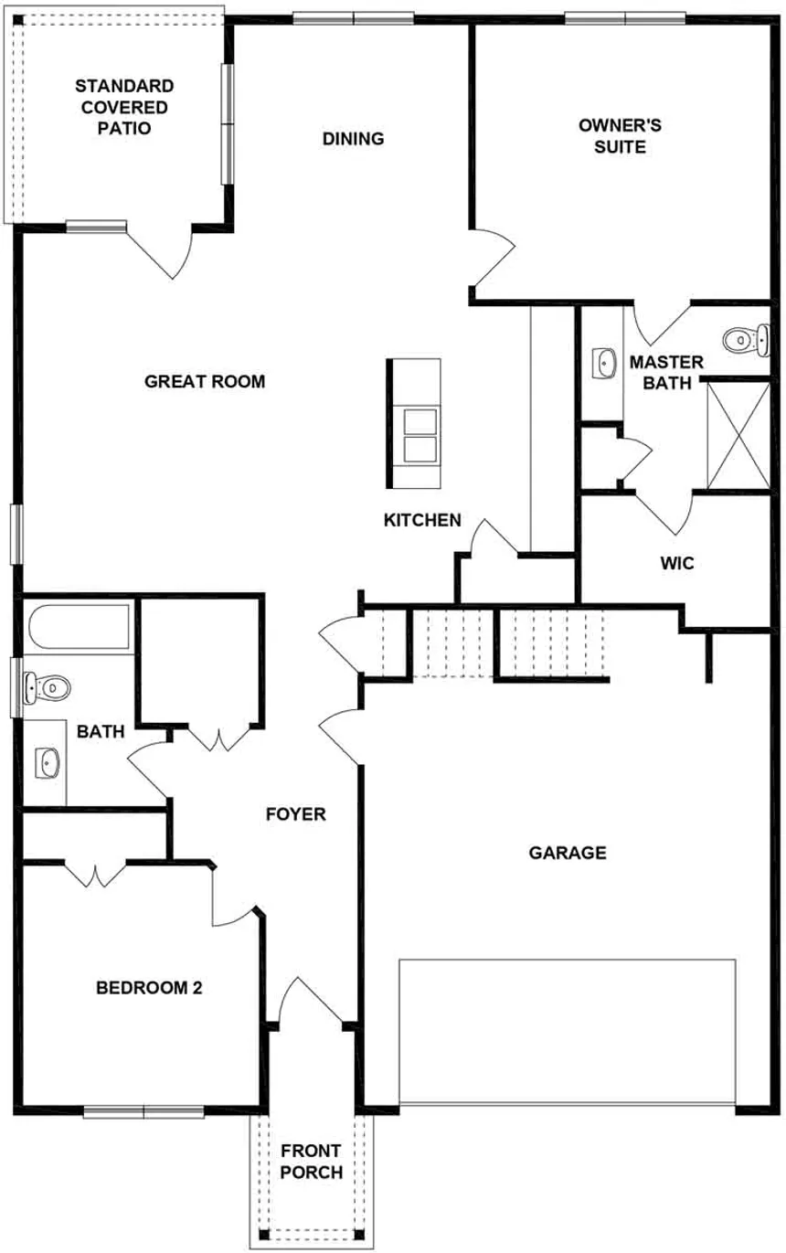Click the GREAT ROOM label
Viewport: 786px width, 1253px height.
205,381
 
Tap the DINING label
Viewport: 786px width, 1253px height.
353,139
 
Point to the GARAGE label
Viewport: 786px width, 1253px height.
568,853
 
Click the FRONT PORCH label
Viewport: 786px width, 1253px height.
312,1161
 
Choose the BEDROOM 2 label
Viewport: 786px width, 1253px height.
149,988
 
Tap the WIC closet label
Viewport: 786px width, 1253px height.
677,564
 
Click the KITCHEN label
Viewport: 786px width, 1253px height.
421,520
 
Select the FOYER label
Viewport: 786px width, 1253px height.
295,813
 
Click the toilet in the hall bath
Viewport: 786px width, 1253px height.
46,685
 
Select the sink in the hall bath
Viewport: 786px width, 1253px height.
47,761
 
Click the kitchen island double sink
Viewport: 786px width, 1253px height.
421,436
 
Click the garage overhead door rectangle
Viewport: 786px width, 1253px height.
567,1032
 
